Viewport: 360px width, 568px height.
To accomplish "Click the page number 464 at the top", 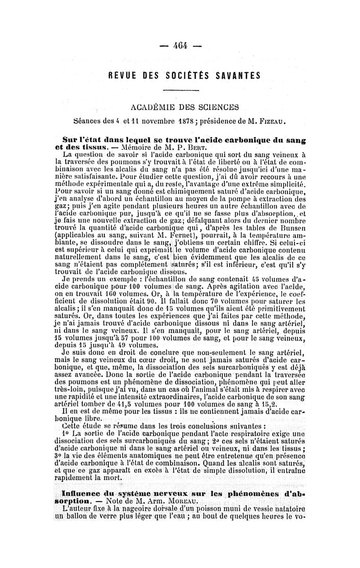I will pos(180,46).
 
